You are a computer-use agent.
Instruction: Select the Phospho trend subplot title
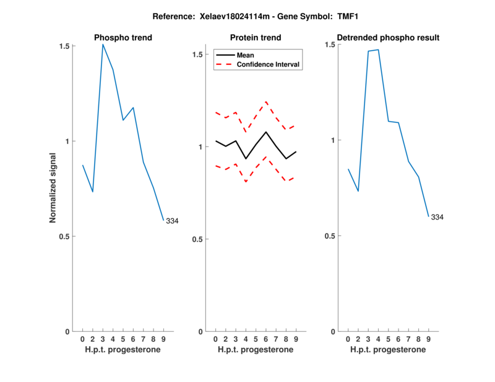tap(123, 38)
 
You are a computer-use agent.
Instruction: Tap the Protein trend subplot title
tap(256, 38)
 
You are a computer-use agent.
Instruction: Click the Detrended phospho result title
tap(388, 38)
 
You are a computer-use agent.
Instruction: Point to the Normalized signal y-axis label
tap(54, 189)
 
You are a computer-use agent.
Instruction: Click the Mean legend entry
tap(245, 55)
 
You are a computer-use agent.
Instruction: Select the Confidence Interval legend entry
tap(269, 64)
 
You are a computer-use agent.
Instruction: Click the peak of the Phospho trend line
tap(103, 45)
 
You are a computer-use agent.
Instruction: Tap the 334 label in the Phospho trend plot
tap(172, 221)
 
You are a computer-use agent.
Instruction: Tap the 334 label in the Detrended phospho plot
tap(437, 218)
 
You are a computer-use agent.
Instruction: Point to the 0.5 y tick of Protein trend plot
tap(197, 239)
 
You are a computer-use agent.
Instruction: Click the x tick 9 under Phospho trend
tap(163, 339)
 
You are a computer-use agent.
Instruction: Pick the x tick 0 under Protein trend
tap(216, 339)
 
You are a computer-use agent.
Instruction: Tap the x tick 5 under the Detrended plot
tap(388, 339)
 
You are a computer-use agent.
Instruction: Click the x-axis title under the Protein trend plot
tap(256, 350)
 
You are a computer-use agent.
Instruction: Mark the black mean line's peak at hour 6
tap(266, 132)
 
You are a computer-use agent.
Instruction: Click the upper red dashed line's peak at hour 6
tap(266, 101)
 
